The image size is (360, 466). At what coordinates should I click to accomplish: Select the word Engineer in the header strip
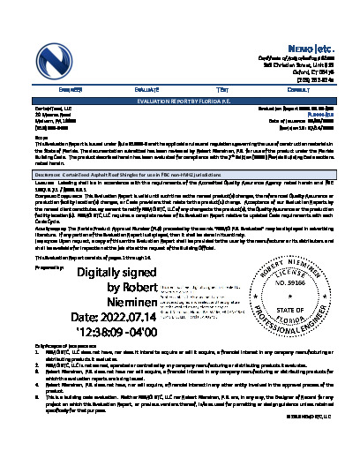click(x=71, y=90)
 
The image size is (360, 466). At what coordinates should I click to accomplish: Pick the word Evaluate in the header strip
click(x=146, y=90)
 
